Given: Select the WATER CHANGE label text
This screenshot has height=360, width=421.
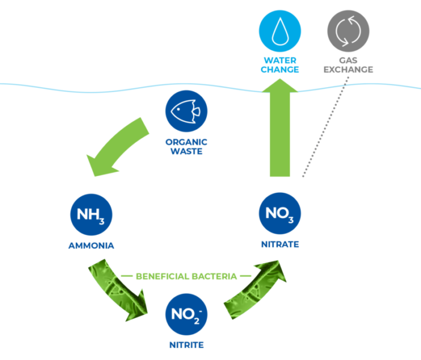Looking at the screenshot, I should tap(280, 64).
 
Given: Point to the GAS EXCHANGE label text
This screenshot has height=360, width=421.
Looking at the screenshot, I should tap(348, 64).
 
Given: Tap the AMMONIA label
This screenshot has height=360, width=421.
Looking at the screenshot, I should tap(91, 246).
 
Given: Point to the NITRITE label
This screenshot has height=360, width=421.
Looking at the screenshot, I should tap(185, 345).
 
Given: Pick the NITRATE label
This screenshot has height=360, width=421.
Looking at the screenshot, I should tap(279, 245).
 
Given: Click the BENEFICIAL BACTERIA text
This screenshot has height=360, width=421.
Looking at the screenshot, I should tap(185, 276).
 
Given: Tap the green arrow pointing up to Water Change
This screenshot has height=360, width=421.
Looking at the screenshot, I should tap(280, 132).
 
